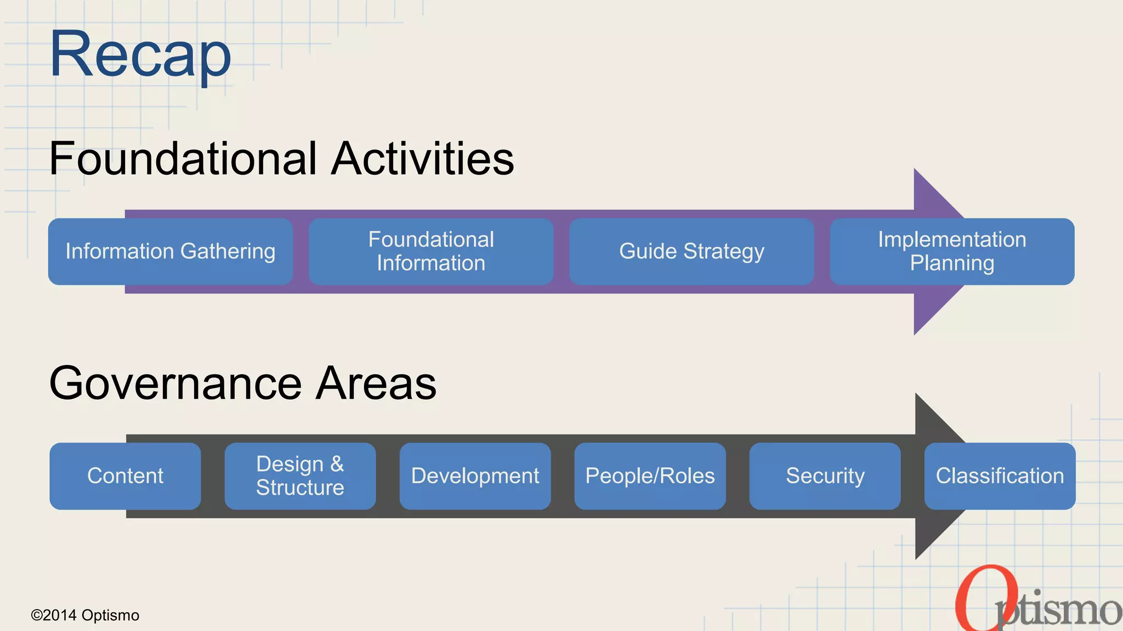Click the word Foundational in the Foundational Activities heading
(183, 158)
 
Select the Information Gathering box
(170, 251)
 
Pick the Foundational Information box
(431, 251)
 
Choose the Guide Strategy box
(691, 251)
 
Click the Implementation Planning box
(952, 251)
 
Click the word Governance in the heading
(175, 383)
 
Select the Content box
(125, 476)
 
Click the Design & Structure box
(300, 476)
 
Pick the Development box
(475, 476)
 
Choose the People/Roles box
(650, 476)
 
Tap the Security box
(825, 476)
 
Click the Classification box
(1000, 476)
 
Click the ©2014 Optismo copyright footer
(85, 615)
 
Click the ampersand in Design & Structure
(337, 464)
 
